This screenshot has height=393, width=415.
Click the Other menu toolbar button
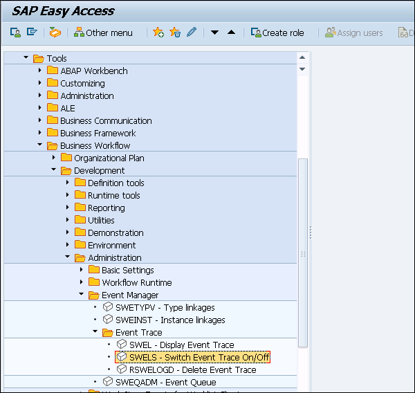(103, 33)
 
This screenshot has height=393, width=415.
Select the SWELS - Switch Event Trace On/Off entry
(199, 357)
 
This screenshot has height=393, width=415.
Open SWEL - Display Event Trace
(181, 345)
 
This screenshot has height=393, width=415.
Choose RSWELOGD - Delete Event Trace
(192, 369)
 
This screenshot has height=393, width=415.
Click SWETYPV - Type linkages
(165, 307)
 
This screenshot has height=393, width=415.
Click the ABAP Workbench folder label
(93, 71)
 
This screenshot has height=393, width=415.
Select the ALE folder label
(68, 108)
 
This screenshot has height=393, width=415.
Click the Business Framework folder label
(98, 133)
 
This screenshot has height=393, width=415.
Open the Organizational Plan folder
(109, 158)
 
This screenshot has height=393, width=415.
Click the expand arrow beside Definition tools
(68, 183)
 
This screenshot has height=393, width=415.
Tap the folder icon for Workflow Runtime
(94, 282)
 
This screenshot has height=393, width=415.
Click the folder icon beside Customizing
(53, 83)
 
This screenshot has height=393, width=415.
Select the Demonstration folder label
(116, 232)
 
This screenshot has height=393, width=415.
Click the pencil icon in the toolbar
(192, 33)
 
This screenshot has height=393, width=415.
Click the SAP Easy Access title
(63, 10)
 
